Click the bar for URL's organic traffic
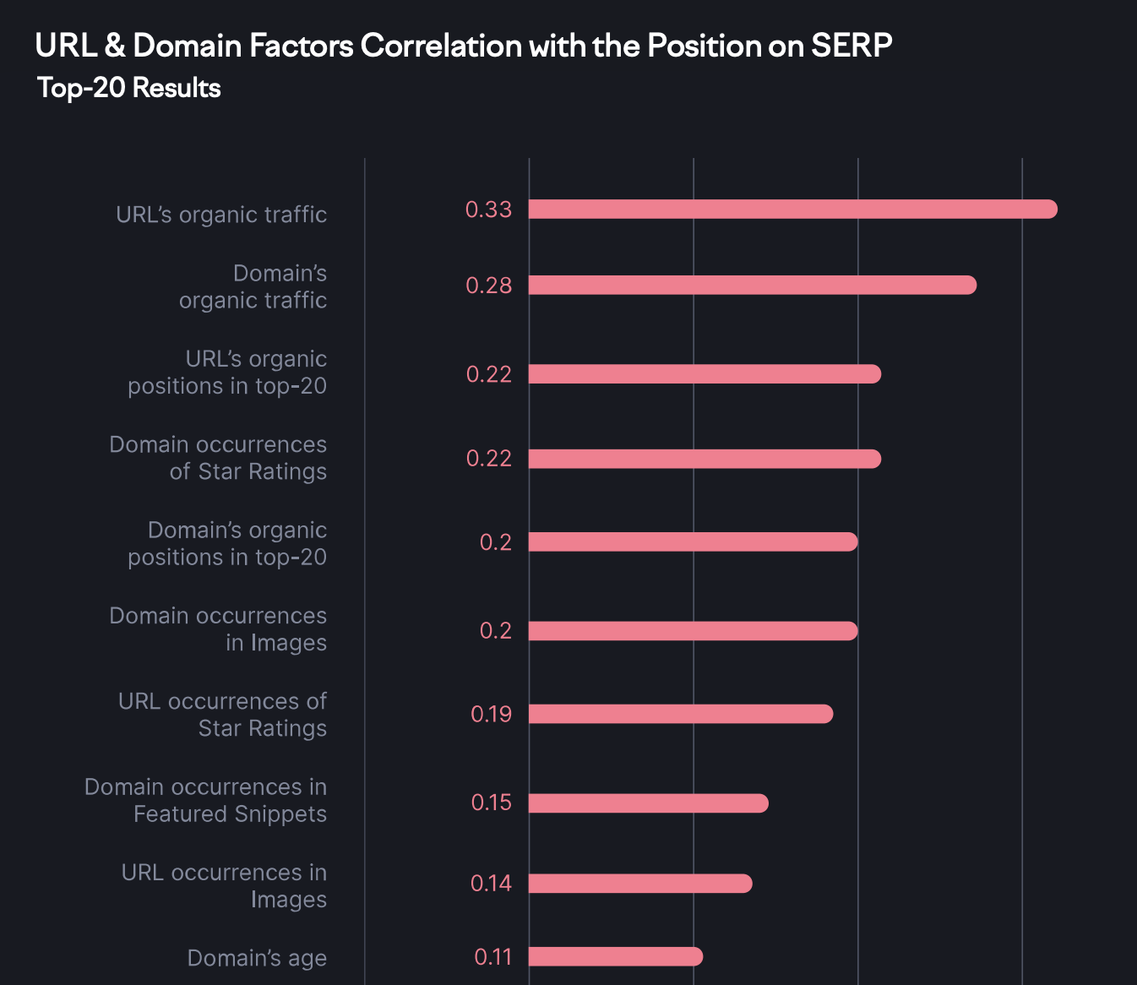click(792, 210)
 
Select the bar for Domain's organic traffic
click(752, 286)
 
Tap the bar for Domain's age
click(615, 956)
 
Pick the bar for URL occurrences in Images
click(639, 884)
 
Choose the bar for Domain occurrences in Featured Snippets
click(648, 803)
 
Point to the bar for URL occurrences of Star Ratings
click(680, 714)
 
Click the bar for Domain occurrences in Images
click(693, 631)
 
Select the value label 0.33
click(488, 210)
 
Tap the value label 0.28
click(488, 286)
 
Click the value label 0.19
click(491, 714)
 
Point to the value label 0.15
click(491, 803)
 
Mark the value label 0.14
click(491, 884)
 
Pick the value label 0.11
click(492, 956)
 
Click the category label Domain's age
click(257, 958)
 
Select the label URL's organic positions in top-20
click(227, 373)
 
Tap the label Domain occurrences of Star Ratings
click(218, 458)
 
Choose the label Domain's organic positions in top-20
click(227, 543)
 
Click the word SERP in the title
click(851, 46)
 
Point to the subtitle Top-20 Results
click(129, 88)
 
